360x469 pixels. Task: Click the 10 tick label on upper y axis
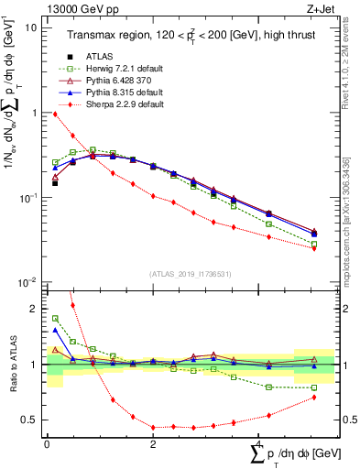click(x=30, y=27)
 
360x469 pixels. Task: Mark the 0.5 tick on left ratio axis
click(x=28, y=420)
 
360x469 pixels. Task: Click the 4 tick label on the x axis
click(x=260, y=443)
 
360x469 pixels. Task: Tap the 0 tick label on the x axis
click(x=47, y=443)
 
